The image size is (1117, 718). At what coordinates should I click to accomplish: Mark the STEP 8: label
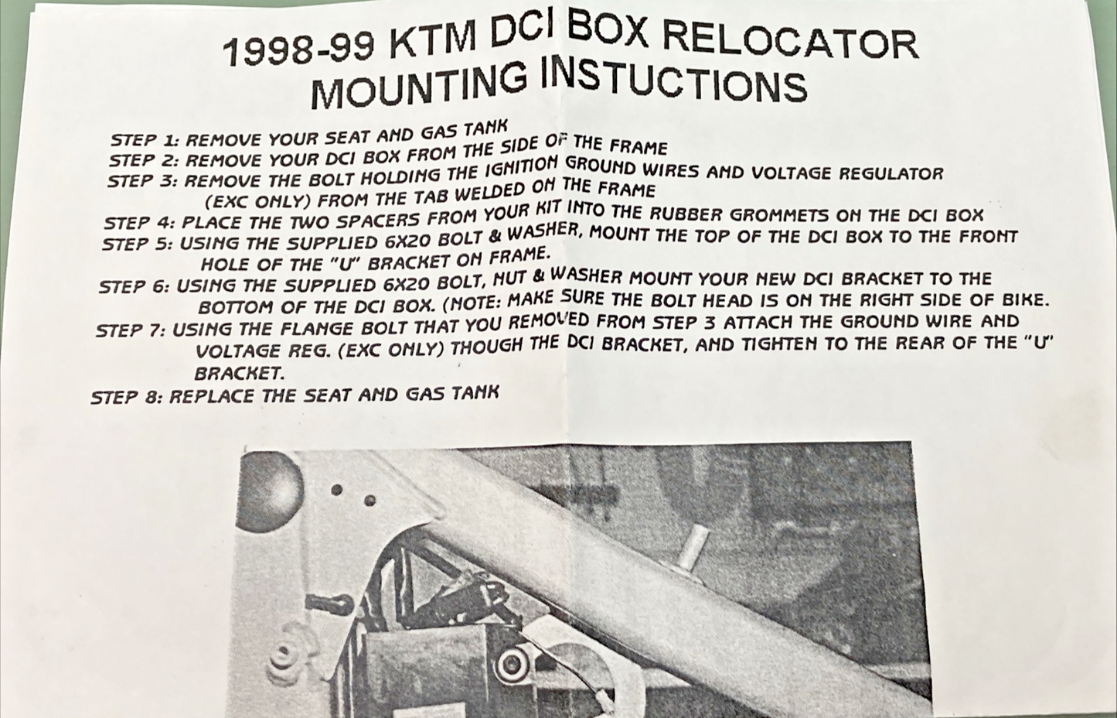(126, 398)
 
